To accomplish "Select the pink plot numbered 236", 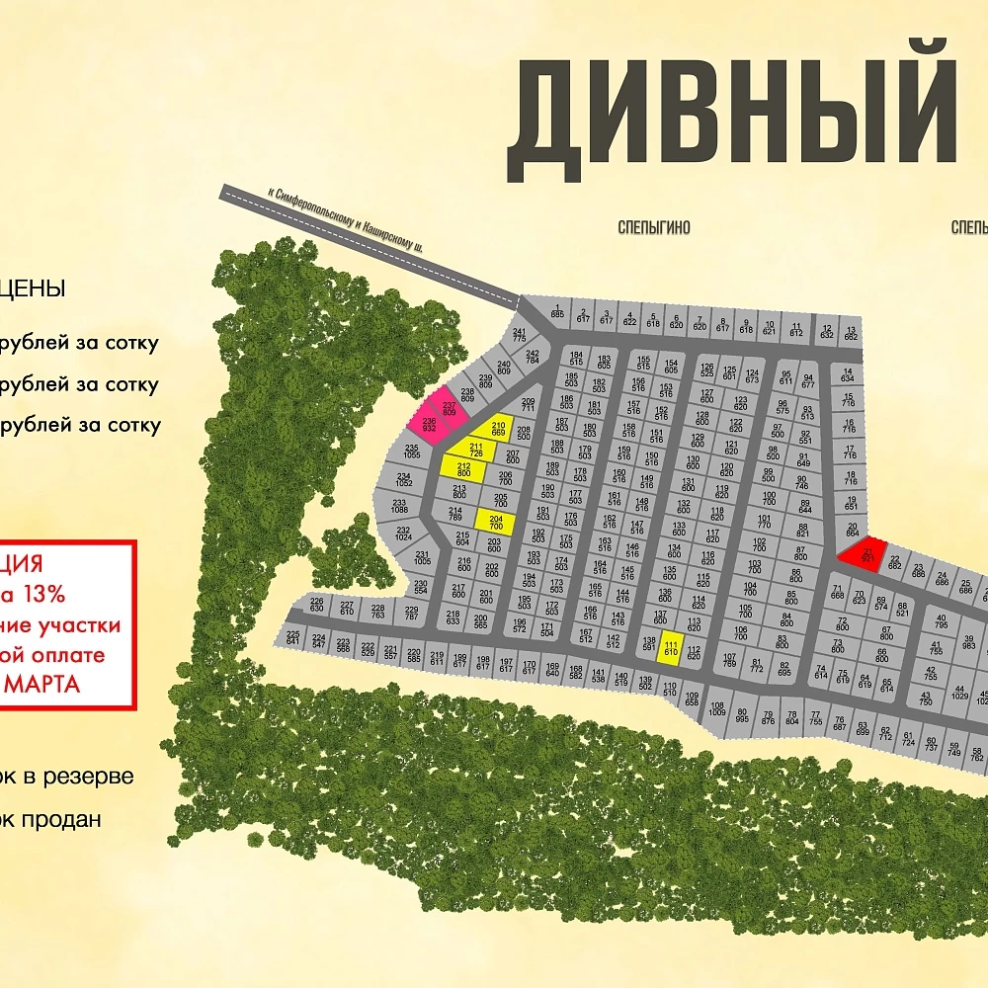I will point(429,425).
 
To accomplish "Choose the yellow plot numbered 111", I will point(671,647).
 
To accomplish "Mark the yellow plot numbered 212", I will point(464,467).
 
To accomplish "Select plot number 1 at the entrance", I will point(557,311).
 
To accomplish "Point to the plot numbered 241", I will point(520,334).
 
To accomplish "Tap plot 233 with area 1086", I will point(400,505).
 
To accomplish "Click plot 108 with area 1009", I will point(717,707).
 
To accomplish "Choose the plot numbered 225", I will point(292,637).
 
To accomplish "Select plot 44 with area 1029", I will point(958,694).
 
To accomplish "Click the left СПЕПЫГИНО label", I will point(654,228).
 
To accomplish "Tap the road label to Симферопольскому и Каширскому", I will point(345,220).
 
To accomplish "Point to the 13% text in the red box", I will point(44,595).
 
